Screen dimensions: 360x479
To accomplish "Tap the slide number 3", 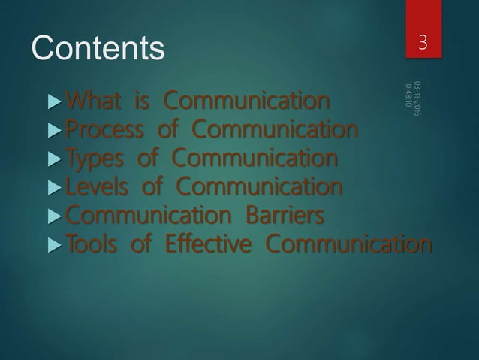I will tap(424, 42).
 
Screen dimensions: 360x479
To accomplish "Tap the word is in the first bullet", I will tap(143, 100).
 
